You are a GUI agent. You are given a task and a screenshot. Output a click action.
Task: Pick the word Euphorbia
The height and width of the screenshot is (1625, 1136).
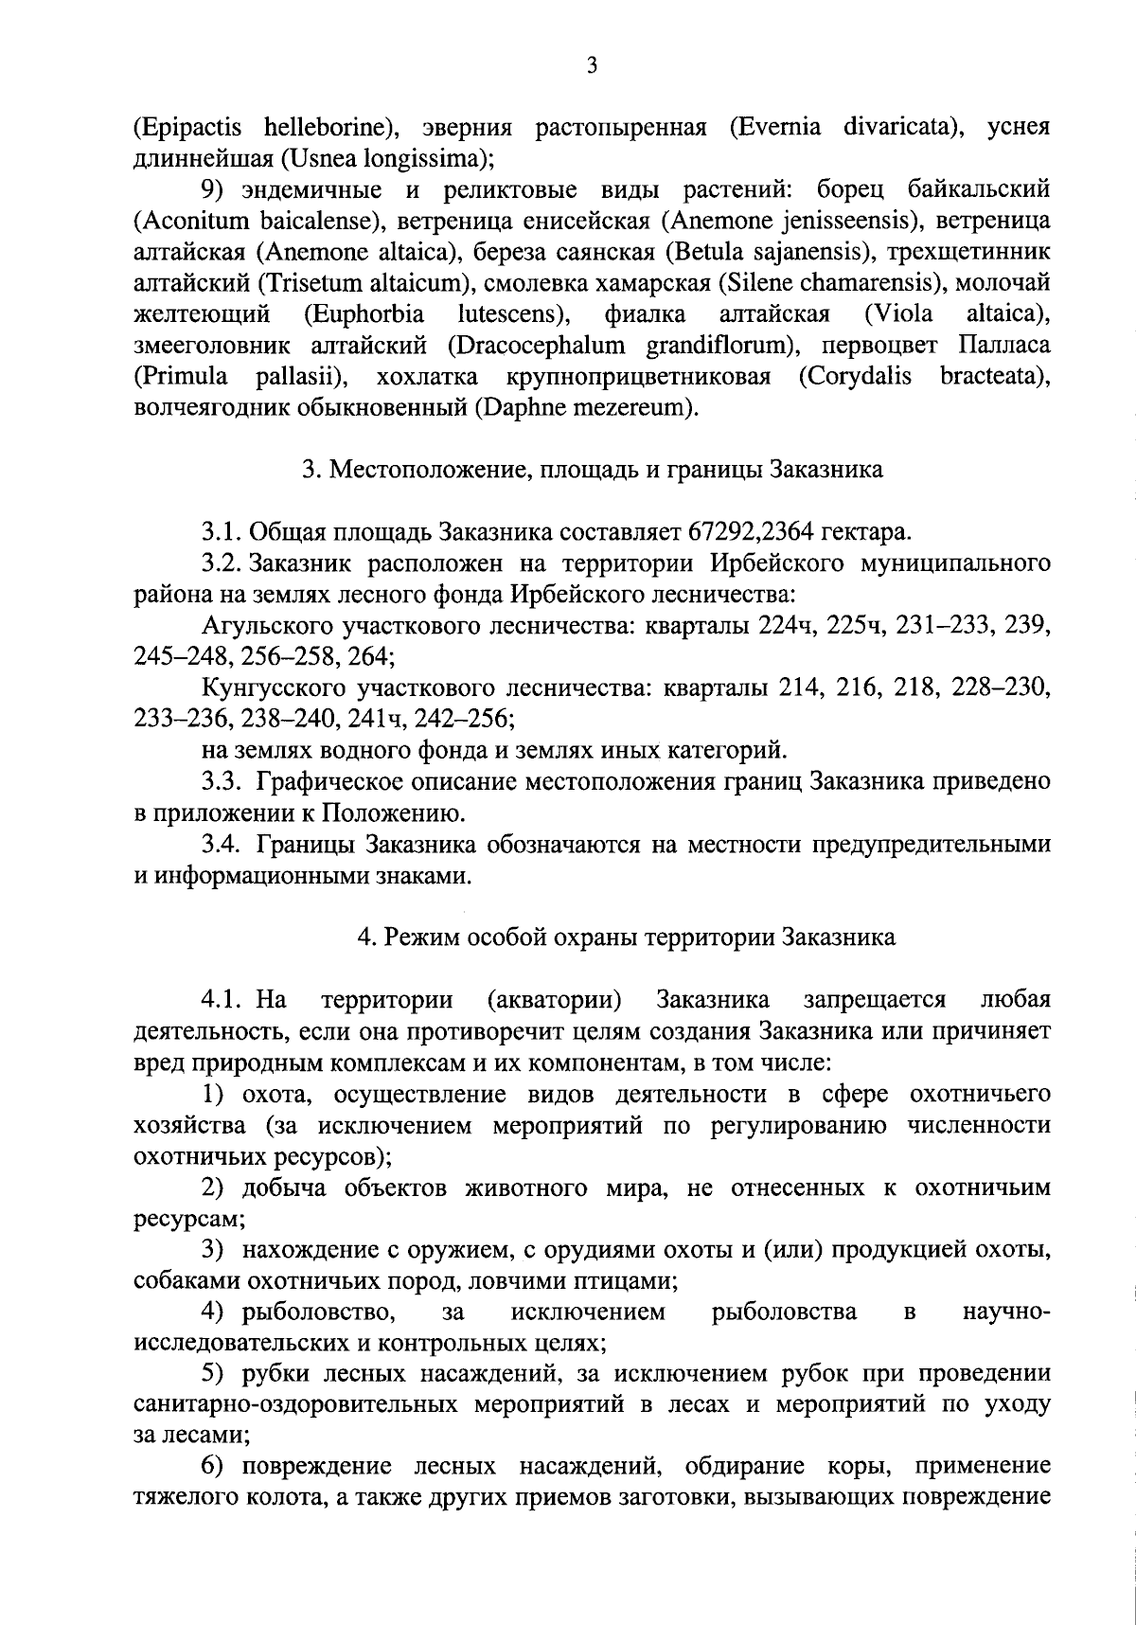[x=363, y=313]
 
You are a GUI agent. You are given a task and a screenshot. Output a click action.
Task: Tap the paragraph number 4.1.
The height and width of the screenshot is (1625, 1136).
[x=220, y=999]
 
